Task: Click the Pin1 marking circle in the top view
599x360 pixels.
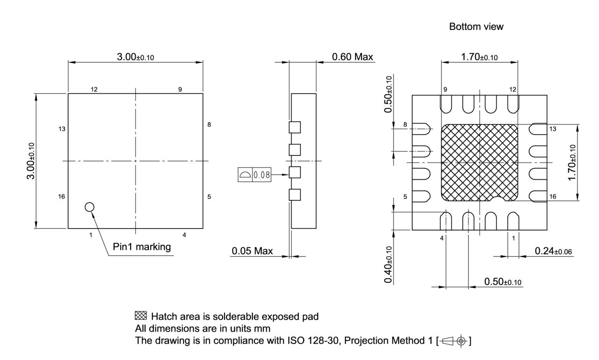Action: [89, 207]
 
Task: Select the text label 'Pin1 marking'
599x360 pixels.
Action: [142, 247]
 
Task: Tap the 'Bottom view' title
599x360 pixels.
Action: [476, 27]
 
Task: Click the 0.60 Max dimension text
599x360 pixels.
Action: [352, 57]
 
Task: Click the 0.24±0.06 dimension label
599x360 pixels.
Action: [554, 251]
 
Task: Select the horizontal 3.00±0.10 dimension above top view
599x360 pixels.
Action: [135, 57]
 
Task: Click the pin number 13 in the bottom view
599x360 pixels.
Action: [553, 129]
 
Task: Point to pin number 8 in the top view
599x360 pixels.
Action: [209, 125]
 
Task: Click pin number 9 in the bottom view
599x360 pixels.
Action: [445, 89]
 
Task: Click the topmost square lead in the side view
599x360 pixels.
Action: [294, 127]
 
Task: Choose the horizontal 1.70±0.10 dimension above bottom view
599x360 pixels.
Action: [479, 57]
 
